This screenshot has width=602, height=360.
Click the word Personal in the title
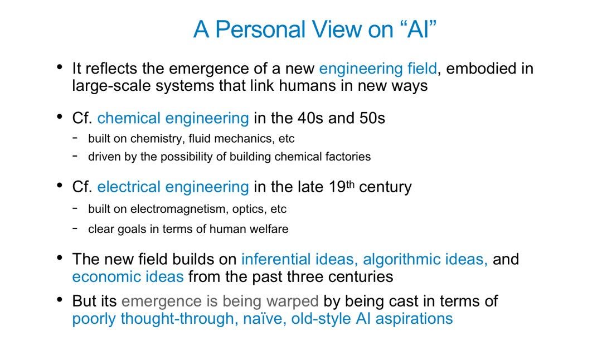point(260,29)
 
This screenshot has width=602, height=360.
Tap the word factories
point(348,157)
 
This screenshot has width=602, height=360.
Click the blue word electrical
point(129,187)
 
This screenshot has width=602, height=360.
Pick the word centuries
point(363,277)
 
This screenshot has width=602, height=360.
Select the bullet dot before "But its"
point(59,299)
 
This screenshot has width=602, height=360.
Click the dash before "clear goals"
point(75,228)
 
